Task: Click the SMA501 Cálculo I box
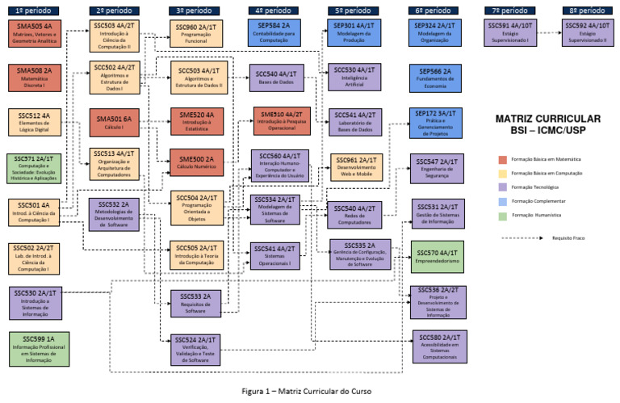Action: [114, 124]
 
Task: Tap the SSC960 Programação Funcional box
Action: [196, 33]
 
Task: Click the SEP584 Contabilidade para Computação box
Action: [275, 33]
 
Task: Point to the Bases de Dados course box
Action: [275, 78]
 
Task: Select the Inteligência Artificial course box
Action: [355, 78]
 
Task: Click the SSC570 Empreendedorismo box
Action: [436, 254]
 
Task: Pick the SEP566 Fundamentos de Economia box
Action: [436, 78]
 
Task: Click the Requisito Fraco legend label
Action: [568, 238]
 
